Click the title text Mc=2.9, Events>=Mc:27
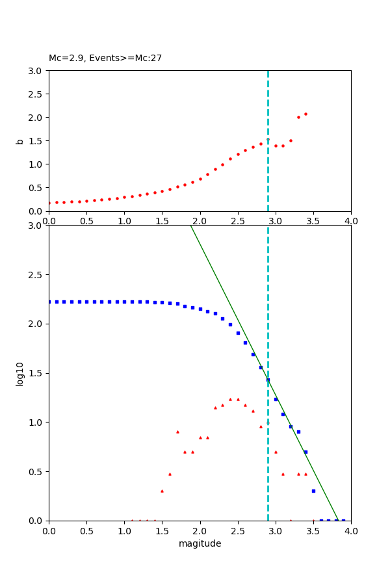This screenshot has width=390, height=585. pos(105,58)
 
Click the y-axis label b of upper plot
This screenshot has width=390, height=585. pos(20,140)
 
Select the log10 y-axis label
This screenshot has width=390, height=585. pos(20,374)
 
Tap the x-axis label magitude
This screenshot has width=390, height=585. pos(200,543)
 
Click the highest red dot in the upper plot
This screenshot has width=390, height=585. pos(305,114)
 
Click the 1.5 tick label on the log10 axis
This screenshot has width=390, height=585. pos(36,373)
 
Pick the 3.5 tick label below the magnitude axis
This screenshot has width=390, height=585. pos(313,531)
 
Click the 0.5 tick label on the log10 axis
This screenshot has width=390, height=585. pos(36,471)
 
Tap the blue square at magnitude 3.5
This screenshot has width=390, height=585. pos(313,491)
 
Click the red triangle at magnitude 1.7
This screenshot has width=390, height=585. pos(177,432)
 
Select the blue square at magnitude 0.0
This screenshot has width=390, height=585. pos(49,302)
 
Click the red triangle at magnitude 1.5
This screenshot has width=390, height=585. pos(162,491)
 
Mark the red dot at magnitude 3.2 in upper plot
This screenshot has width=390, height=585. pos(291,140)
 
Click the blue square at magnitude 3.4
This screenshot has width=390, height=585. pos(305,452)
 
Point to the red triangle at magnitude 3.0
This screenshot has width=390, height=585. pos(276,452)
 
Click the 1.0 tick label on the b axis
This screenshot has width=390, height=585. pos(36,164)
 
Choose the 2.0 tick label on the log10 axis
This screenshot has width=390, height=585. pos(36,324)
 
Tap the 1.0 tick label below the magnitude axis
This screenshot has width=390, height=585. pos(124,531)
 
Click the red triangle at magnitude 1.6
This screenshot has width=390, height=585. pos(170,474)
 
